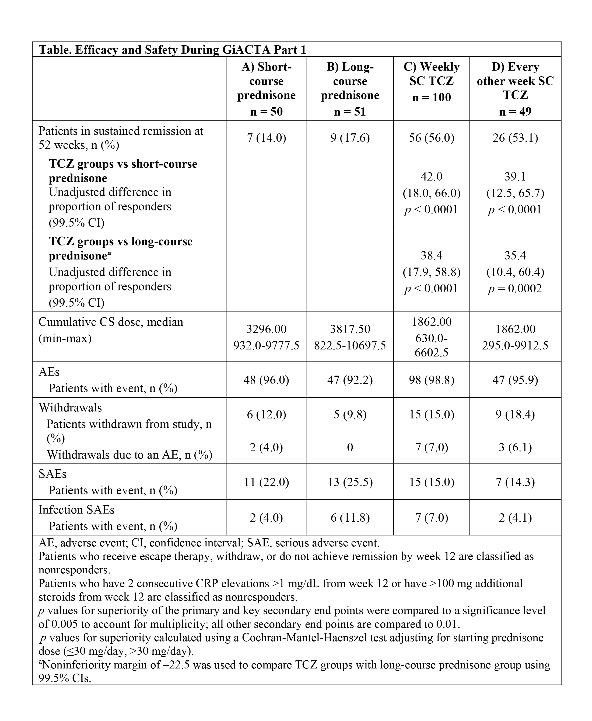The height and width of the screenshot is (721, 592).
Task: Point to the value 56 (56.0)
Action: pos(431,138)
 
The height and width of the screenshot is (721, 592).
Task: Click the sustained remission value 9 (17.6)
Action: pos(350,138)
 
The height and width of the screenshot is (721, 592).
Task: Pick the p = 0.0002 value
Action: pos(515,289)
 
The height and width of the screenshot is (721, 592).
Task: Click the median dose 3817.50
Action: pos(350,329)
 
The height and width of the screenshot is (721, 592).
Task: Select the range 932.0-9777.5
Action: pos(266,345)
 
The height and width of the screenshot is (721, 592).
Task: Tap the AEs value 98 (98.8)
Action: pos(431,380)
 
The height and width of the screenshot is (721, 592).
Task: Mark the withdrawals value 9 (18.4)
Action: pos(515,415)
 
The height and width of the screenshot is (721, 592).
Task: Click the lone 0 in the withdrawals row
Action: pos(350,447)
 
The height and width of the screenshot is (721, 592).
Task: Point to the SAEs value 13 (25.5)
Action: pos(350,482)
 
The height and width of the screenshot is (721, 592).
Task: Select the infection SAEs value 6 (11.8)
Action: pos(350,518)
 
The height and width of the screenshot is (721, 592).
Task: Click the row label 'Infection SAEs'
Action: pos(76,509)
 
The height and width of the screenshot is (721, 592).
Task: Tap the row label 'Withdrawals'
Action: pos(70,407)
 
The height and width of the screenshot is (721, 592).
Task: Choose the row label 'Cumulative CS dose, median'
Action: pos(111,322)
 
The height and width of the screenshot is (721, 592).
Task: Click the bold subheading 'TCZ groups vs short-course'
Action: pos(123,164)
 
